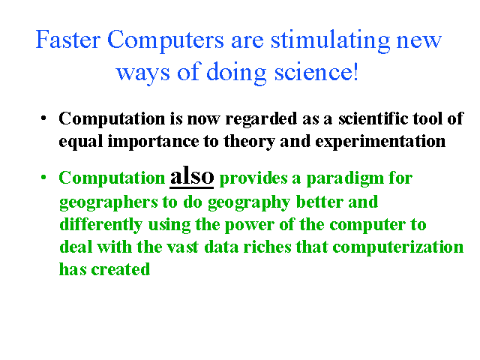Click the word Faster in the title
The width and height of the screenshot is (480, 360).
[x=68, y=39]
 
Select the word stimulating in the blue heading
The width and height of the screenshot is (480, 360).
[x=331, y=41]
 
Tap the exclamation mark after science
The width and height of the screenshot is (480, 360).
[x=355, y=71]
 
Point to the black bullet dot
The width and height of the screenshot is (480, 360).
[x=43, y=118]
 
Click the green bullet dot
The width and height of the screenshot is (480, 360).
[x=43, y=177]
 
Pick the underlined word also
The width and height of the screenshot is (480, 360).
[x=192, y=175]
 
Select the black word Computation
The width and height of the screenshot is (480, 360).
[x=112, y=118]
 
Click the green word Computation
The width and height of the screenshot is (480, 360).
[x=112, y=178]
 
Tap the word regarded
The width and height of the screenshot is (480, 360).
[x=261, y=119]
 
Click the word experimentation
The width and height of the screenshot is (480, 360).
[x=380, y=142]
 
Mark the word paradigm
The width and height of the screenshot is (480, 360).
[x=345, y=179]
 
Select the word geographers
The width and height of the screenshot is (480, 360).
[x=108, y=203]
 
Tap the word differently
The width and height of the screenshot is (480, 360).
[x=100, y=225]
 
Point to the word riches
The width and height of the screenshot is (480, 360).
[x=267, y=247]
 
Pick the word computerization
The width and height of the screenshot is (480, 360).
[x=398, y=248]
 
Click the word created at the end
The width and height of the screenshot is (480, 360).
[x=120, y=270]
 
